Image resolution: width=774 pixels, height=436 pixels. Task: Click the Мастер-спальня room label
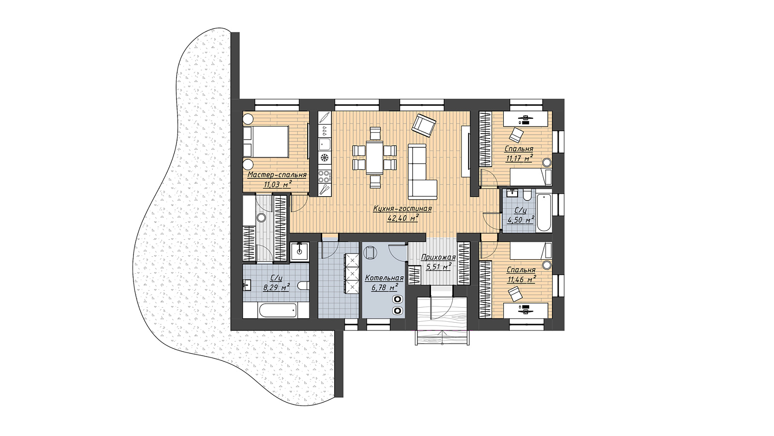pos(277,175)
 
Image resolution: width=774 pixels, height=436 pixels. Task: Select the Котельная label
pos(385,278)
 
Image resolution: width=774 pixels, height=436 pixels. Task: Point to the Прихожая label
pos(438,257)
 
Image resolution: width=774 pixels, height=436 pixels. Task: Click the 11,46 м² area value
pos(521,280)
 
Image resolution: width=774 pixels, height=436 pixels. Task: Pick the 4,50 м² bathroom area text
pos(521,219)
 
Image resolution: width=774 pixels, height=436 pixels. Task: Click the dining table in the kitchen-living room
pos(374,157)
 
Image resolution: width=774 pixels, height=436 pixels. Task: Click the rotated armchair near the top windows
pos(424,125)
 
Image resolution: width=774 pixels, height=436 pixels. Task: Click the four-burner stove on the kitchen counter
pos(325,176)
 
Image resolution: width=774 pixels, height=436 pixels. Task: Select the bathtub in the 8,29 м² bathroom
pos(278,311)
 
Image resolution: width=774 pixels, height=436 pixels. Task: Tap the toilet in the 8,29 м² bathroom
pos(303,286)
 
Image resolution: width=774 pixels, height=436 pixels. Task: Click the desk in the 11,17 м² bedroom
pos(525,119)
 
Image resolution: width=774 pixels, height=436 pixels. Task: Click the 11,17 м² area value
pos(519,158)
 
